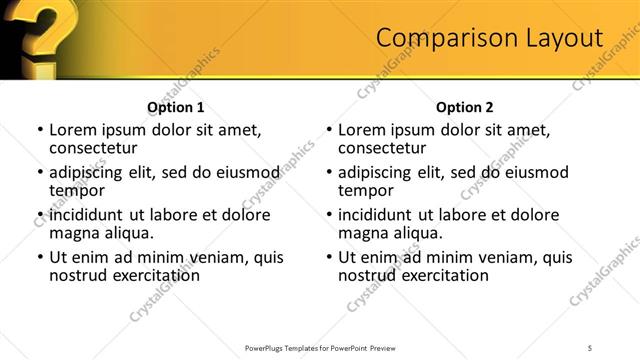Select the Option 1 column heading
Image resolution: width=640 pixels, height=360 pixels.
tap(176, 107)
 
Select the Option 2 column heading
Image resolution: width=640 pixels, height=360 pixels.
tap(464, 107)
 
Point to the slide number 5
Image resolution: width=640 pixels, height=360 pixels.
tap(591, 347)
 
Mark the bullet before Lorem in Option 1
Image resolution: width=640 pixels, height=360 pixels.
tap(40, 130)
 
